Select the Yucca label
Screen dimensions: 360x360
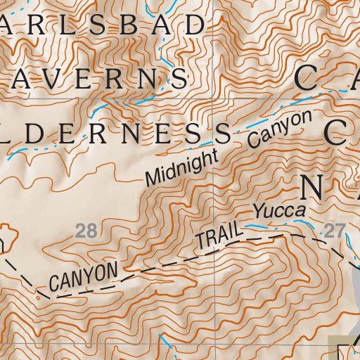(280, 210)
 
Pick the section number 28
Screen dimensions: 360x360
(85, 230)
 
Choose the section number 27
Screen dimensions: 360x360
(333, 230)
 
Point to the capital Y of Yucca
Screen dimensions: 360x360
(259, 210)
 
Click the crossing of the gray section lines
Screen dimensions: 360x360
(214, 98)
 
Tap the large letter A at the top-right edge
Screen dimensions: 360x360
(352, 77)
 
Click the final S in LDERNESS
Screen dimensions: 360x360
(223, 131)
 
